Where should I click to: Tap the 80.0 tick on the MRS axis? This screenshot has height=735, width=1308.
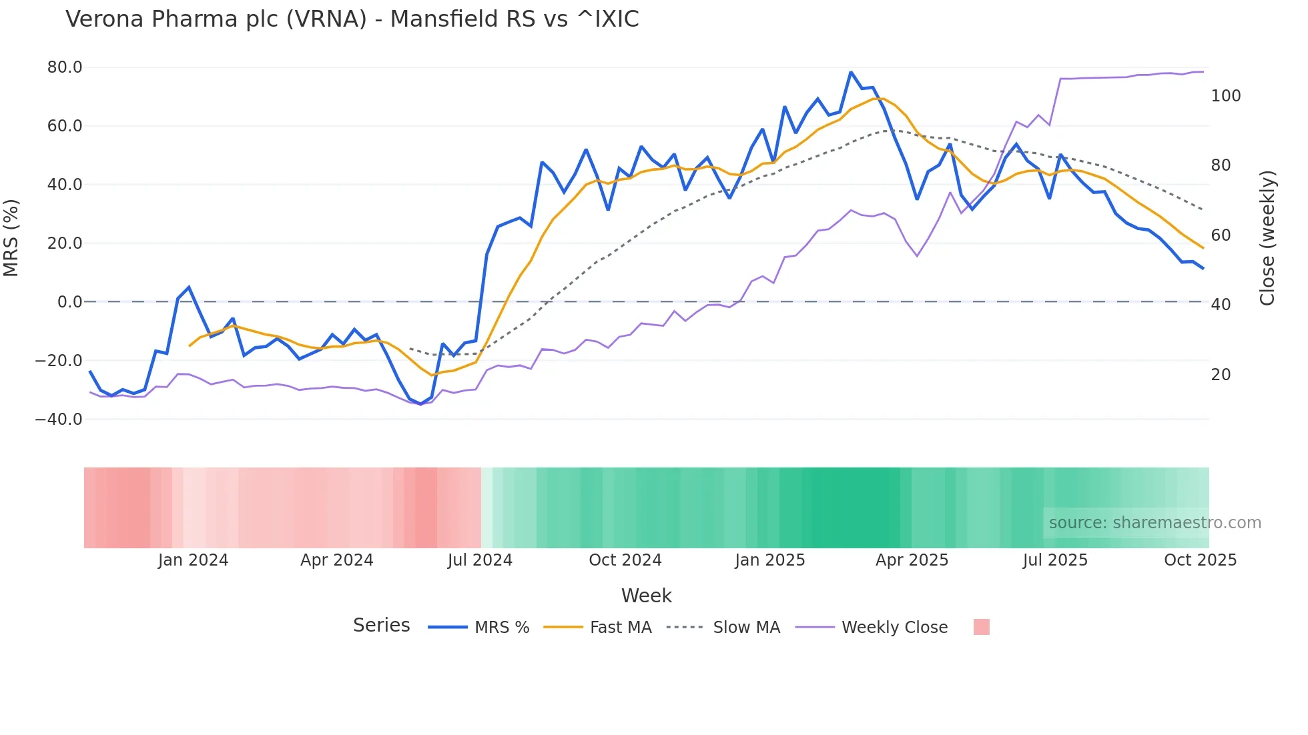click(x=65, y=67)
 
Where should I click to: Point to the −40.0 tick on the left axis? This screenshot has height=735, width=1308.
click(x=59, y=420)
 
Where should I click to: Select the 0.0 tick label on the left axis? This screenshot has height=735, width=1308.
click(x=69, y=302)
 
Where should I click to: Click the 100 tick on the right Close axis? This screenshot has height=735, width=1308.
click(x=1225, y=96)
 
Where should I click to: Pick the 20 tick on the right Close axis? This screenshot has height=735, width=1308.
click(x=1221, y=375)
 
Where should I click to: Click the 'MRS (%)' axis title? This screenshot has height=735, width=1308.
click(x=11, y=238)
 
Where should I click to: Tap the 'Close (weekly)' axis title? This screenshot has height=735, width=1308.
click(x=1267, y=238)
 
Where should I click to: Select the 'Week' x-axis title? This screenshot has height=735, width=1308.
click(x=646, y=596)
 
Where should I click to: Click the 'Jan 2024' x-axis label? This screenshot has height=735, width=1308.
click(x=193, y=560)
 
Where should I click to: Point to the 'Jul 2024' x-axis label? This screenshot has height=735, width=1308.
click(x=480, y=560)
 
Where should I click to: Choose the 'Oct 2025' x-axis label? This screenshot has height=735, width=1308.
click(x=1200, y=560)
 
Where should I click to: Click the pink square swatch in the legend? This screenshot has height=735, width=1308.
click(x=981, y=627)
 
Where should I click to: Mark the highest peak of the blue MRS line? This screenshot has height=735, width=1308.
click(x=851, y=72)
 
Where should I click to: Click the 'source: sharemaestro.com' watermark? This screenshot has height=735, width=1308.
click(x=1155, y=523)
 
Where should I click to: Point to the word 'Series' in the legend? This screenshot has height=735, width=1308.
click(x=381, y=626)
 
